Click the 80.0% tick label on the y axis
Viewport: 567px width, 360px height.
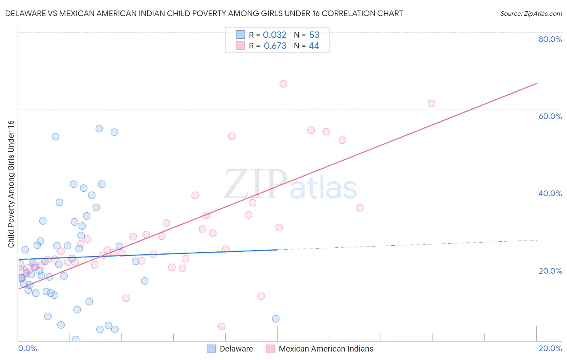pyautogui.click(x=550, y=39)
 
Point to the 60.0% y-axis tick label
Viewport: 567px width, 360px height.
pyautogui.click(x=550, y=116)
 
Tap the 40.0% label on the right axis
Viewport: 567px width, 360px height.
pyautogui.click(x=550, y=193)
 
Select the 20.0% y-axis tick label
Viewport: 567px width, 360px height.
pyautogui.click(x=550, y=271)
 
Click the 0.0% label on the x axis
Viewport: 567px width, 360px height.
pyautogui.click(x=27, y=348)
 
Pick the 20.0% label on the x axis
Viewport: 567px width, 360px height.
pyautogui.click(x=550, y=348)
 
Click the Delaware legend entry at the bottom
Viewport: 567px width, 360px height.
pyautogui.click(x=236, y=349)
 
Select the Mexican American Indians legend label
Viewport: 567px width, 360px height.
pyautogui.click(x=326, y=349)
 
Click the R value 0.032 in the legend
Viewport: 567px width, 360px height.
pyautogui.click(x=274, y=35)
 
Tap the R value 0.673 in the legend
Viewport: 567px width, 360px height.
pyautogui.click(x=275, y=46)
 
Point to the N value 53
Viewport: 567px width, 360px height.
pyautogui.click(x=314, y=35)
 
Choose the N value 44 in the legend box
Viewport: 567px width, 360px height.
pyautogui.click(x=314, y=46)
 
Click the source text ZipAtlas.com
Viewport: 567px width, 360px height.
pyautogui.click(x=531, y=14)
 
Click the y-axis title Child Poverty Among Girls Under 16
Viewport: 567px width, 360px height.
pyautogui.click(x=11, y=184)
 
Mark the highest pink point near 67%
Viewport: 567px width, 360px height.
pyautogui.click(x=283, y=84)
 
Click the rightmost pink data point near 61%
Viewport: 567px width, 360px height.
pyautogui.click(x=432, y=103)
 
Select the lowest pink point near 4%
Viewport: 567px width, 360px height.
pyautogui.click(x=222, y=327)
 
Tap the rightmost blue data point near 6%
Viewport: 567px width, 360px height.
pyautogui.click(x=276, y=319)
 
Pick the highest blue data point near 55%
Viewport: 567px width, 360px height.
pyautogui.click(x=99, y=129)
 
